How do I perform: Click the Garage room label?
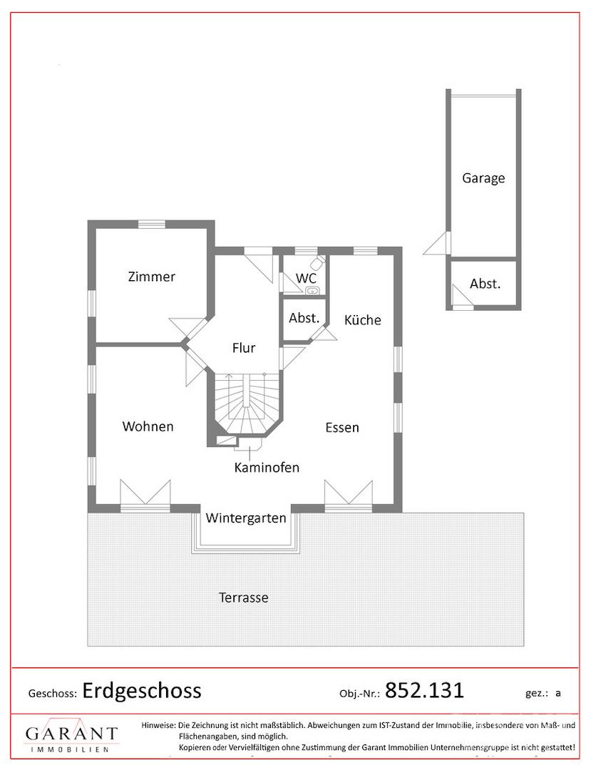483,178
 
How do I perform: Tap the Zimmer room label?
151,277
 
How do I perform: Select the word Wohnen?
148,426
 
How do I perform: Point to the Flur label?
244,348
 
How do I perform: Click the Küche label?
363,319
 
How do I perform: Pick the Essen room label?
342,428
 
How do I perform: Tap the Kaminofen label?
267,467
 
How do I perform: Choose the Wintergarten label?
246,518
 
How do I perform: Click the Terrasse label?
244,597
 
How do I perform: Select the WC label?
306,279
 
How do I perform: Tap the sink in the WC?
312,291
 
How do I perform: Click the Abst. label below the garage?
485,284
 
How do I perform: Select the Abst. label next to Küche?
304,318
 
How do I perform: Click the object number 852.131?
424,690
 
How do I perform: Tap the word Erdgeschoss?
142,690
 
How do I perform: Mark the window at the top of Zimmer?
152,225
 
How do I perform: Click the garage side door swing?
438,244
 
